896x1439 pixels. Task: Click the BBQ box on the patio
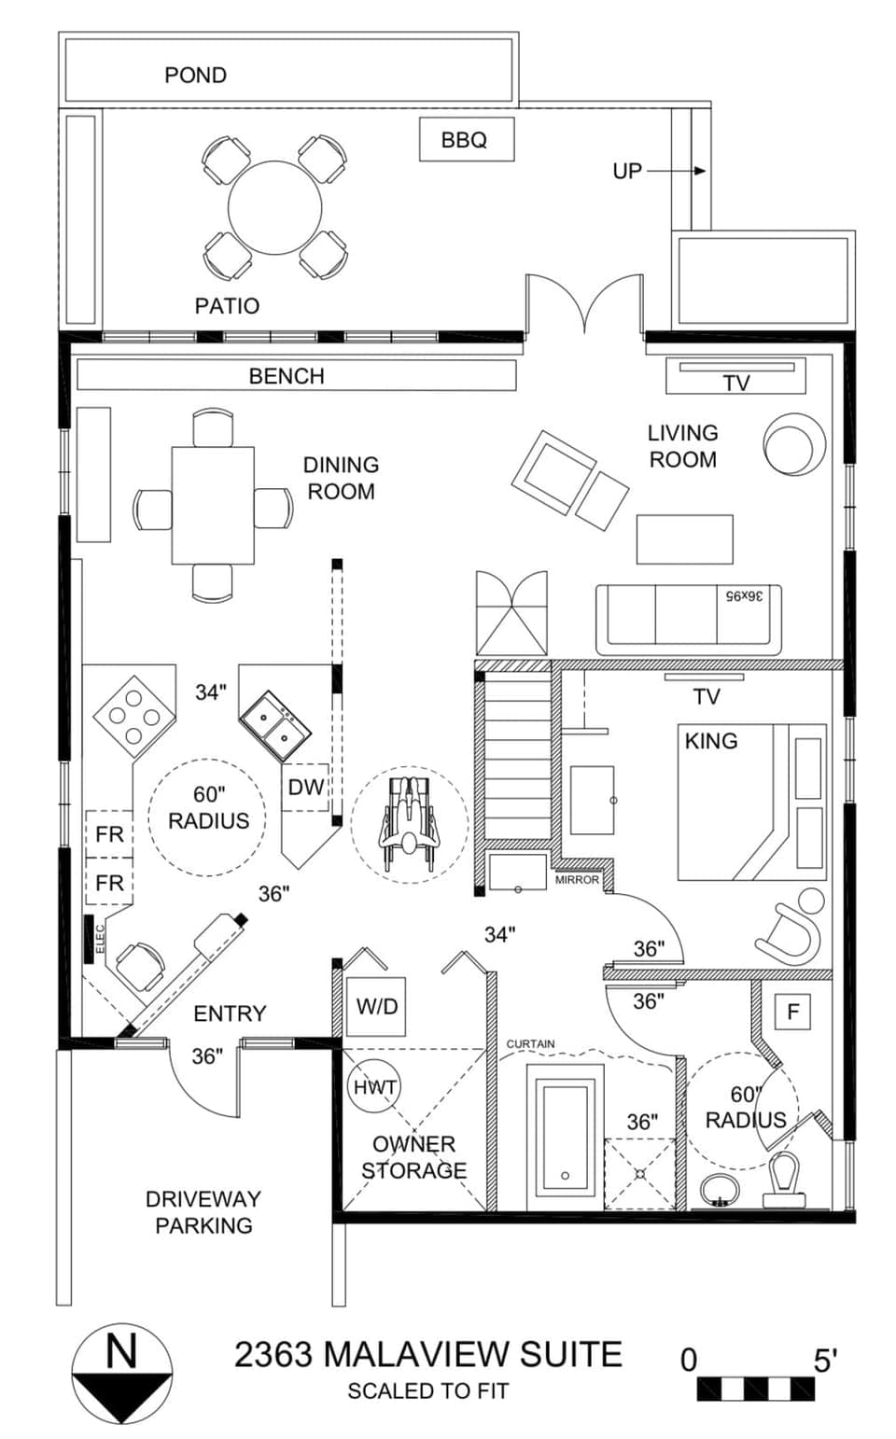click(x=466, y=140)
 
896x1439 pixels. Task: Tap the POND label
click(x=195, y=75)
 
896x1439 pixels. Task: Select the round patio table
click(x=275, y=207)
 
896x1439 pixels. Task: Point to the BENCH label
click(x=287, y=376)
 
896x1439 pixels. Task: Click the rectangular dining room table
click(x=213, y=506)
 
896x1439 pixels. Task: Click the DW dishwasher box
click(x=305, y=787)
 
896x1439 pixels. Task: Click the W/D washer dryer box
click(x=376, y=1006)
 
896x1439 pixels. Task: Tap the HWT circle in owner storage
click(x=374, y=1087)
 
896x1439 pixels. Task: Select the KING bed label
click(x=711, y=741)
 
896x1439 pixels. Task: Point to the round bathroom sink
click(x=720, y=1191)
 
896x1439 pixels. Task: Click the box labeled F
click(x=793, y=1012)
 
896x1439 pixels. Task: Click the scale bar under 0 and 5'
click(x=755, y=1389)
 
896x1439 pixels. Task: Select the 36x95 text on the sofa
click(x=743, y=595)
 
